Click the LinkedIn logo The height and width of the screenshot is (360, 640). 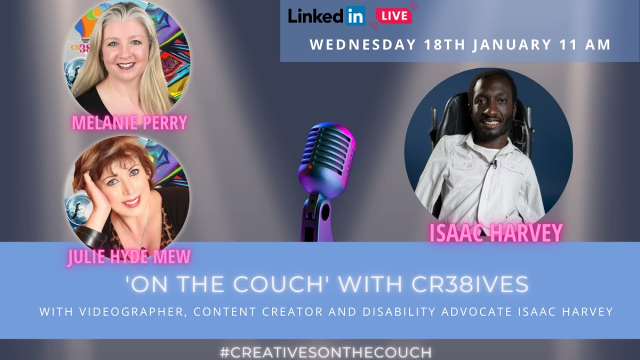tap(326, 16)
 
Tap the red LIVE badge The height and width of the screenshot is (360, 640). tap(394, 15)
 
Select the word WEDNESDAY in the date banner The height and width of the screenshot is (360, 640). tap(362, 44)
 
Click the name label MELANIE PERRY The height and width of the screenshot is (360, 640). tap(129, 122)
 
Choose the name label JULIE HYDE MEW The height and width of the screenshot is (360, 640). tap(129, 257)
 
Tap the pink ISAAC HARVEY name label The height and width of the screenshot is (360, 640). tap(496, 232)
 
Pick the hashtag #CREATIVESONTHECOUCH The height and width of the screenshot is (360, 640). tap(325, 352)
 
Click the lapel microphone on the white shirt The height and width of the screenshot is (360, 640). tap(494, 163)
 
